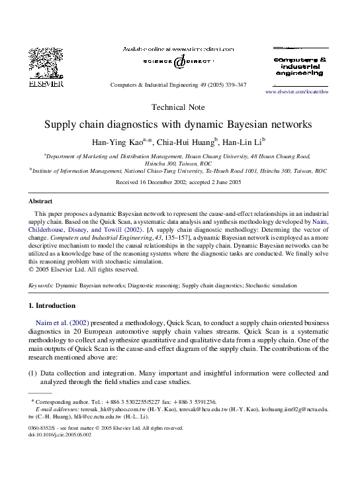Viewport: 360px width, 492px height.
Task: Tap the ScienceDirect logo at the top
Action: click(179, 62)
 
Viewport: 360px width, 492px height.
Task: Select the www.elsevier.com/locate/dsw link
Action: click(296, 92)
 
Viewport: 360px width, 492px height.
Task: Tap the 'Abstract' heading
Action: click(40, 201)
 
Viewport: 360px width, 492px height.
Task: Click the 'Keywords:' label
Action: click(41, 285)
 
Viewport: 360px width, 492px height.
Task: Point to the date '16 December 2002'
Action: click(161, 181)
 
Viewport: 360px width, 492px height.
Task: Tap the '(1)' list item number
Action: click(32, 373)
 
